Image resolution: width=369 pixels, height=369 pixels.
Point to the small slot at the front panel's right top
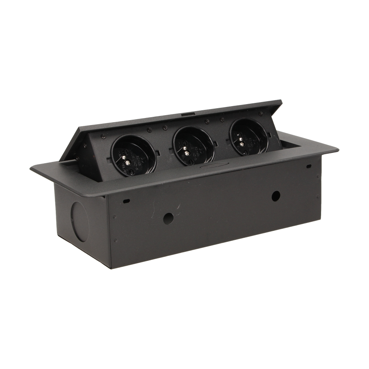307,167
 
